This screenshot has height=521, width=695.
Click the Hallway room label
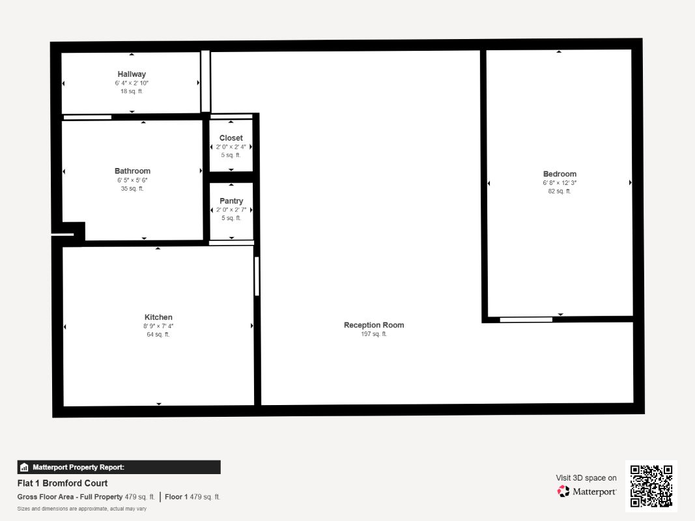pyautogui.click(x=132, y=74)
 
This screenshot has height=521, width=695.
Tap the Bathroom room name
pyautogui.click(x=132, y=171)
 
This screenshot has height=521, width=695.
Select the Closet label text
pyautogui.click(x=231, y=138)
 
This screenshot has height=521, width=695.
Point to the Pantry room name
pyautogui.click(x=231, y=201)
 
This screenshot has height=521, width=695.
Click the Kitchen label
pyautogui.click(x=158, y=317)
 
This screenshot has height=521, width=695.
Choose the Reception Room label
pyautogui.click(x=374, y=325)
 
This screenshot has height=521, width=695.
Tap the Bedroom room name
pyautogui.click(x=560, y=174)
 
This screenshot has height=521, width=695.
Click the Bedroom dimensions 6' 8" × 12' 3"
pyautogui.click(x=560, y=183)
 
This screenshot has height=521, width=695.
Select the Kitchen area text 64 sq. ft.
pyautogui.click(x=158, y=335)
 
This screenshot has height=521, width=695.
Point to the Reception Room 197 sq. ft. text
pyautogui.click(x=374, y=334)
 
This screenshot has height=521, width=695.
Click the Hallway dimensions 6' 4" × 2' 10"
pyautogui.click(x=132, y=83)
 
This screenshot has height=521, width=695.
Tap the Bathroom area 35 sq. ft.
pyautogui.click(x=132, y=189)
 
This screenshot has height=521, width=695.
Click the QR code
pyautogui.click(x=651, y=486)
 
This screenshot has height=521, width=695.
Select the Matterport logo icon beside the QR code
pyautogui.click(x=563, y=491)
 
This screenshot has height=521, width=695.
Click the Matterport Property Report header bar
pyautogui.click(x=119, y=468)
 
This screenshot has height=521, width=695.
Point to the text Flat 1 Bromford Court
pyautogui.click(x=63, y=483)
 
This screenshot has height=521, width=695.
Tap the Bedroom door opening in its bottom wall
pyautogui.click(x=526, y=319)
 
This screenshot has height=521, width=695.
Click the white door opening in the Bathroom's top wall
pyautogui.click(x=87, y=117)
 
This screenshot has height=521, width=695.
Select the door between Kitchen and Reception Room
pyautogui.click(x=257, y=276)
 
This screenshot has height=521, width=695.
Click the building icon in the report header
pyautogui.click(x=24, y=468)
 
